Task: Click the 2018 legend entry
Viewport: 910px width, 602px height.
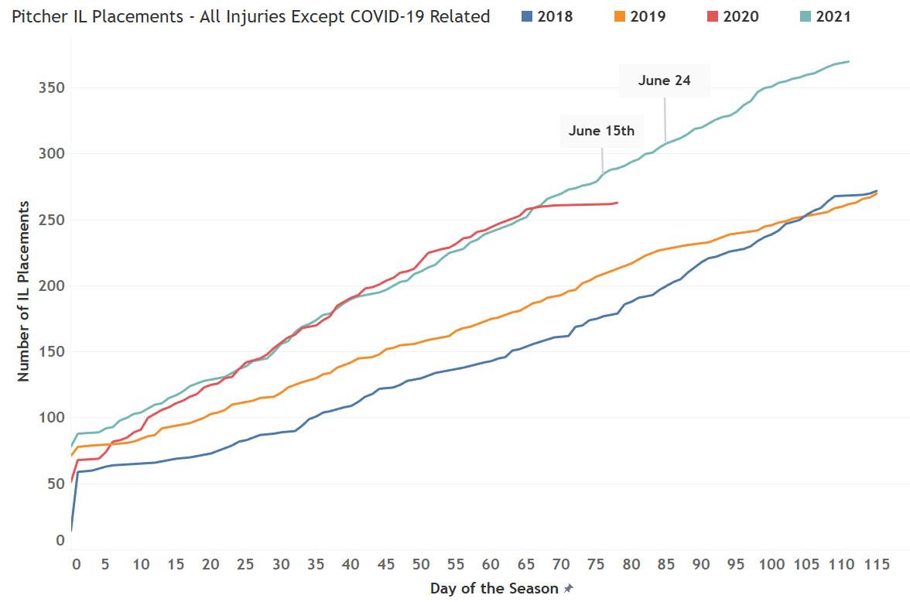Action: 546,16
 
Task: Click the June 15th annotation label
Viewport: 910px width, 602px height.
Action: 601,131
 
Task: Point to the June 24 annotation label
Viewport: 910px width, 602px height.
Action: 664,80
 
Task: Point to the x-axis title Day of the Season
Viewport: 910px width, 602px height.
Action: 494,589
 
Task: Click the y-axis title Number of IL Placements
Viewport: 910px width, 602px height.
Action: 23,291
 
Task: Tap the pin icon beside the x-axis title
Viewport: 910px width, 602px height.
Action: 569,590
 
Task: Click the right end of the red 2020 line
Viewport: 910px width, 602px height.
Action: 617,203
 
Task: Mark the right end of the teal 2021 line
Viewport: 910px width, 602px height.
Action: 849,61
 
